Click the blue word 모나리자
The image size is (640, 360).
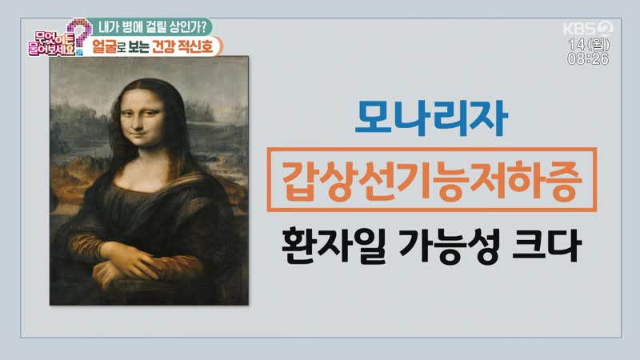click(431, 118)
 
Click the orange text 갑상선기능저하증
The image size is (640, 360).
click(431, 180)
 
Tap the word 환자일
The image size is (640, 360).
click(334, 246)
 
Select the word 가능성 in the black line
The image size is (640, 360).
click(448, 246)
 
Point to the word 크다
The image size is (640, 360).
click(546, 246)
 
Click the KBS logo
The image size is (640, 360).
click(588, 28)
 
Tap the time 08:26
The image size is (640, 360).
click(588, 58)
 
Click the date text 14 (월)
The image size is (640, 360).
click(589, 45)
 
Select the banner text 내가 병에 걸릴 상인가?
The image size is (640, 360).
click(152, 27)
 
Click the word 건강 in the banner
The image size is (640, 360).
click(163, 46)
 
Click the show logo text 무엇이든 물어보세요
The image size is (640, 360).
click(51, 44)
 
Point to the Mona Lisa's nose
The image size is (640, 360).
click(138, 122)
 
